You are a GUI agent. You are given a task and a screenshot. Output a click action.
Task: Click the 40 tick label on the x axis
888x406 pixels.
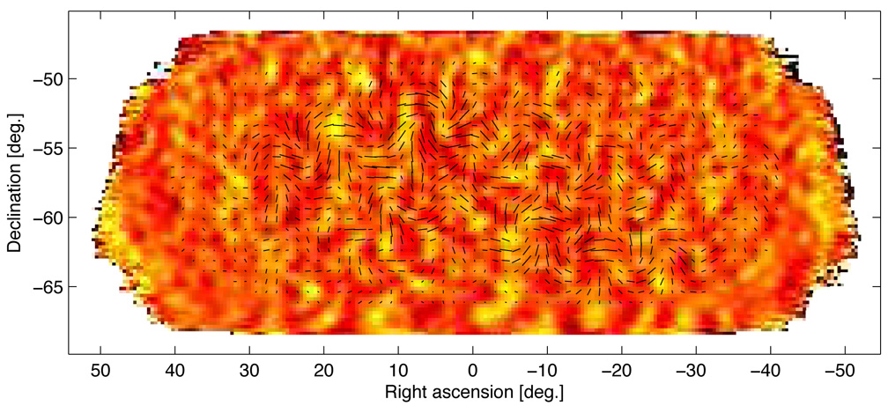click(175, 369)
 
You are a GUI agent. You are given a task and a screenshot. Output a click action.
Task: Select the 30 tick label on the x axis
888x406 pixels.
click(249, 369)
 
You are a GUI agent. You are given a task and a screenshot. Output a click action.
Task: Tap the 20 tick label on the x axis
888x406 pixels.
click(324, 369)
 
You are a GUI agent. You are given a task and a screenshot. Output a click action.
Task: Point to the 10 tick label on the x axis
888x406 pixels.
click(398, 369)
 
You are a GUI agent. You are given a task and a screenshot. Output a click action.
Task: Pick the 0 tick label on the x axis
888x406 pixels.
click(473, 369)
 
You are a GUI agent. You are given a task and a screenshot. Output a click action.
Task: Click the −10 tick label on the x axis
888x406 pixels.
click(544, 369)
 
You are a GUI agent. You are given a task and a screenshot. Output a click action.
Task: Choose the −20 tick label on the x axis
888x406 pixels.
click(618, 369)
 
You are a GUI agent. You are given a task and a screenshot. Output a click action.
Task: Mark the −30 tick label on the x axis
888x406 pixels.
click(692, 369)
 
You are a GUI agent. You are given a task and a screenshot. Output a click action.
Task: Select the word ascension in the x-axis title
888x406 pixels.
click(470, 389)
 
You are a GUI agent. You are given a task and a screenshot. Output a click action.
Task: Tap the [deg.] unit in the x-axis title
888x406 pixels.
click(538, 389)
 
